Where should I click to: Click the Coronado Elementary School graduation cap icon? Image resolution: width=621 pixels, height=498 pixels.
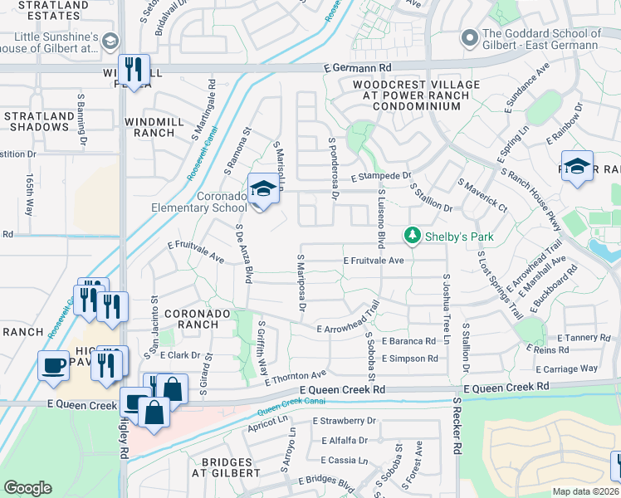(263, 190)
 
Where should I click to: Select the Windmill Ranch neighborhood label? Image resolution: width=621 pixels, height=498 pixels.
(149, 127)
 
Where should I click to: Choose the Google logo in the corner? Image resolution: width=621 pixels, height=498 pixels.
(27, 488)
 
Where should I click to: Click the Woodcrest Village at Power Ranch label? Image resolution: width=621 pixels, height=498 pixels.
(416, 95)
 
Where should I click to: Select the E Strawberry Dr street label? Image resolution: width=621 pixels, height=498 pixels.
(344, 421)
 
